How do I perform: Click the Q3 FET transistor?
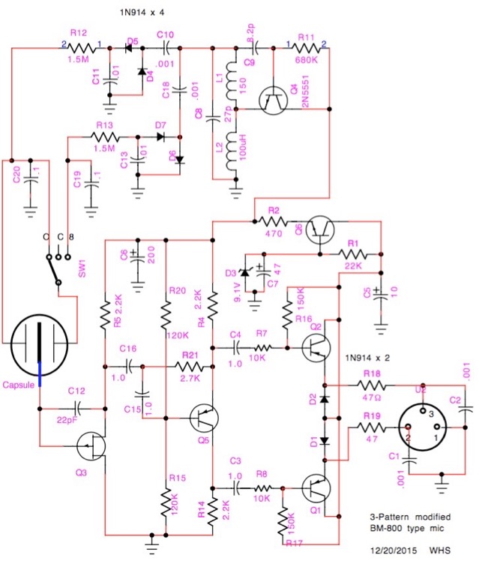click(91, 446)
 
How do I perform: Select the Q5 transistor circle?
click(204, 416)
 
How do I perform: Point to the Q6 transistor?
click(323, 229)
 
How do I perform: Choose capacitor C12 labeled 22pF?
click(77, 409)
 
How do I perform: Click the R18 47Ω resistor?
click(370, 385)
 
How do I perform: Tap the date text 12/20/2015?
click(395, 550)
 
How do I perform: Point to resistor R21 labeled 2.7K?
click(188, 366)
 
